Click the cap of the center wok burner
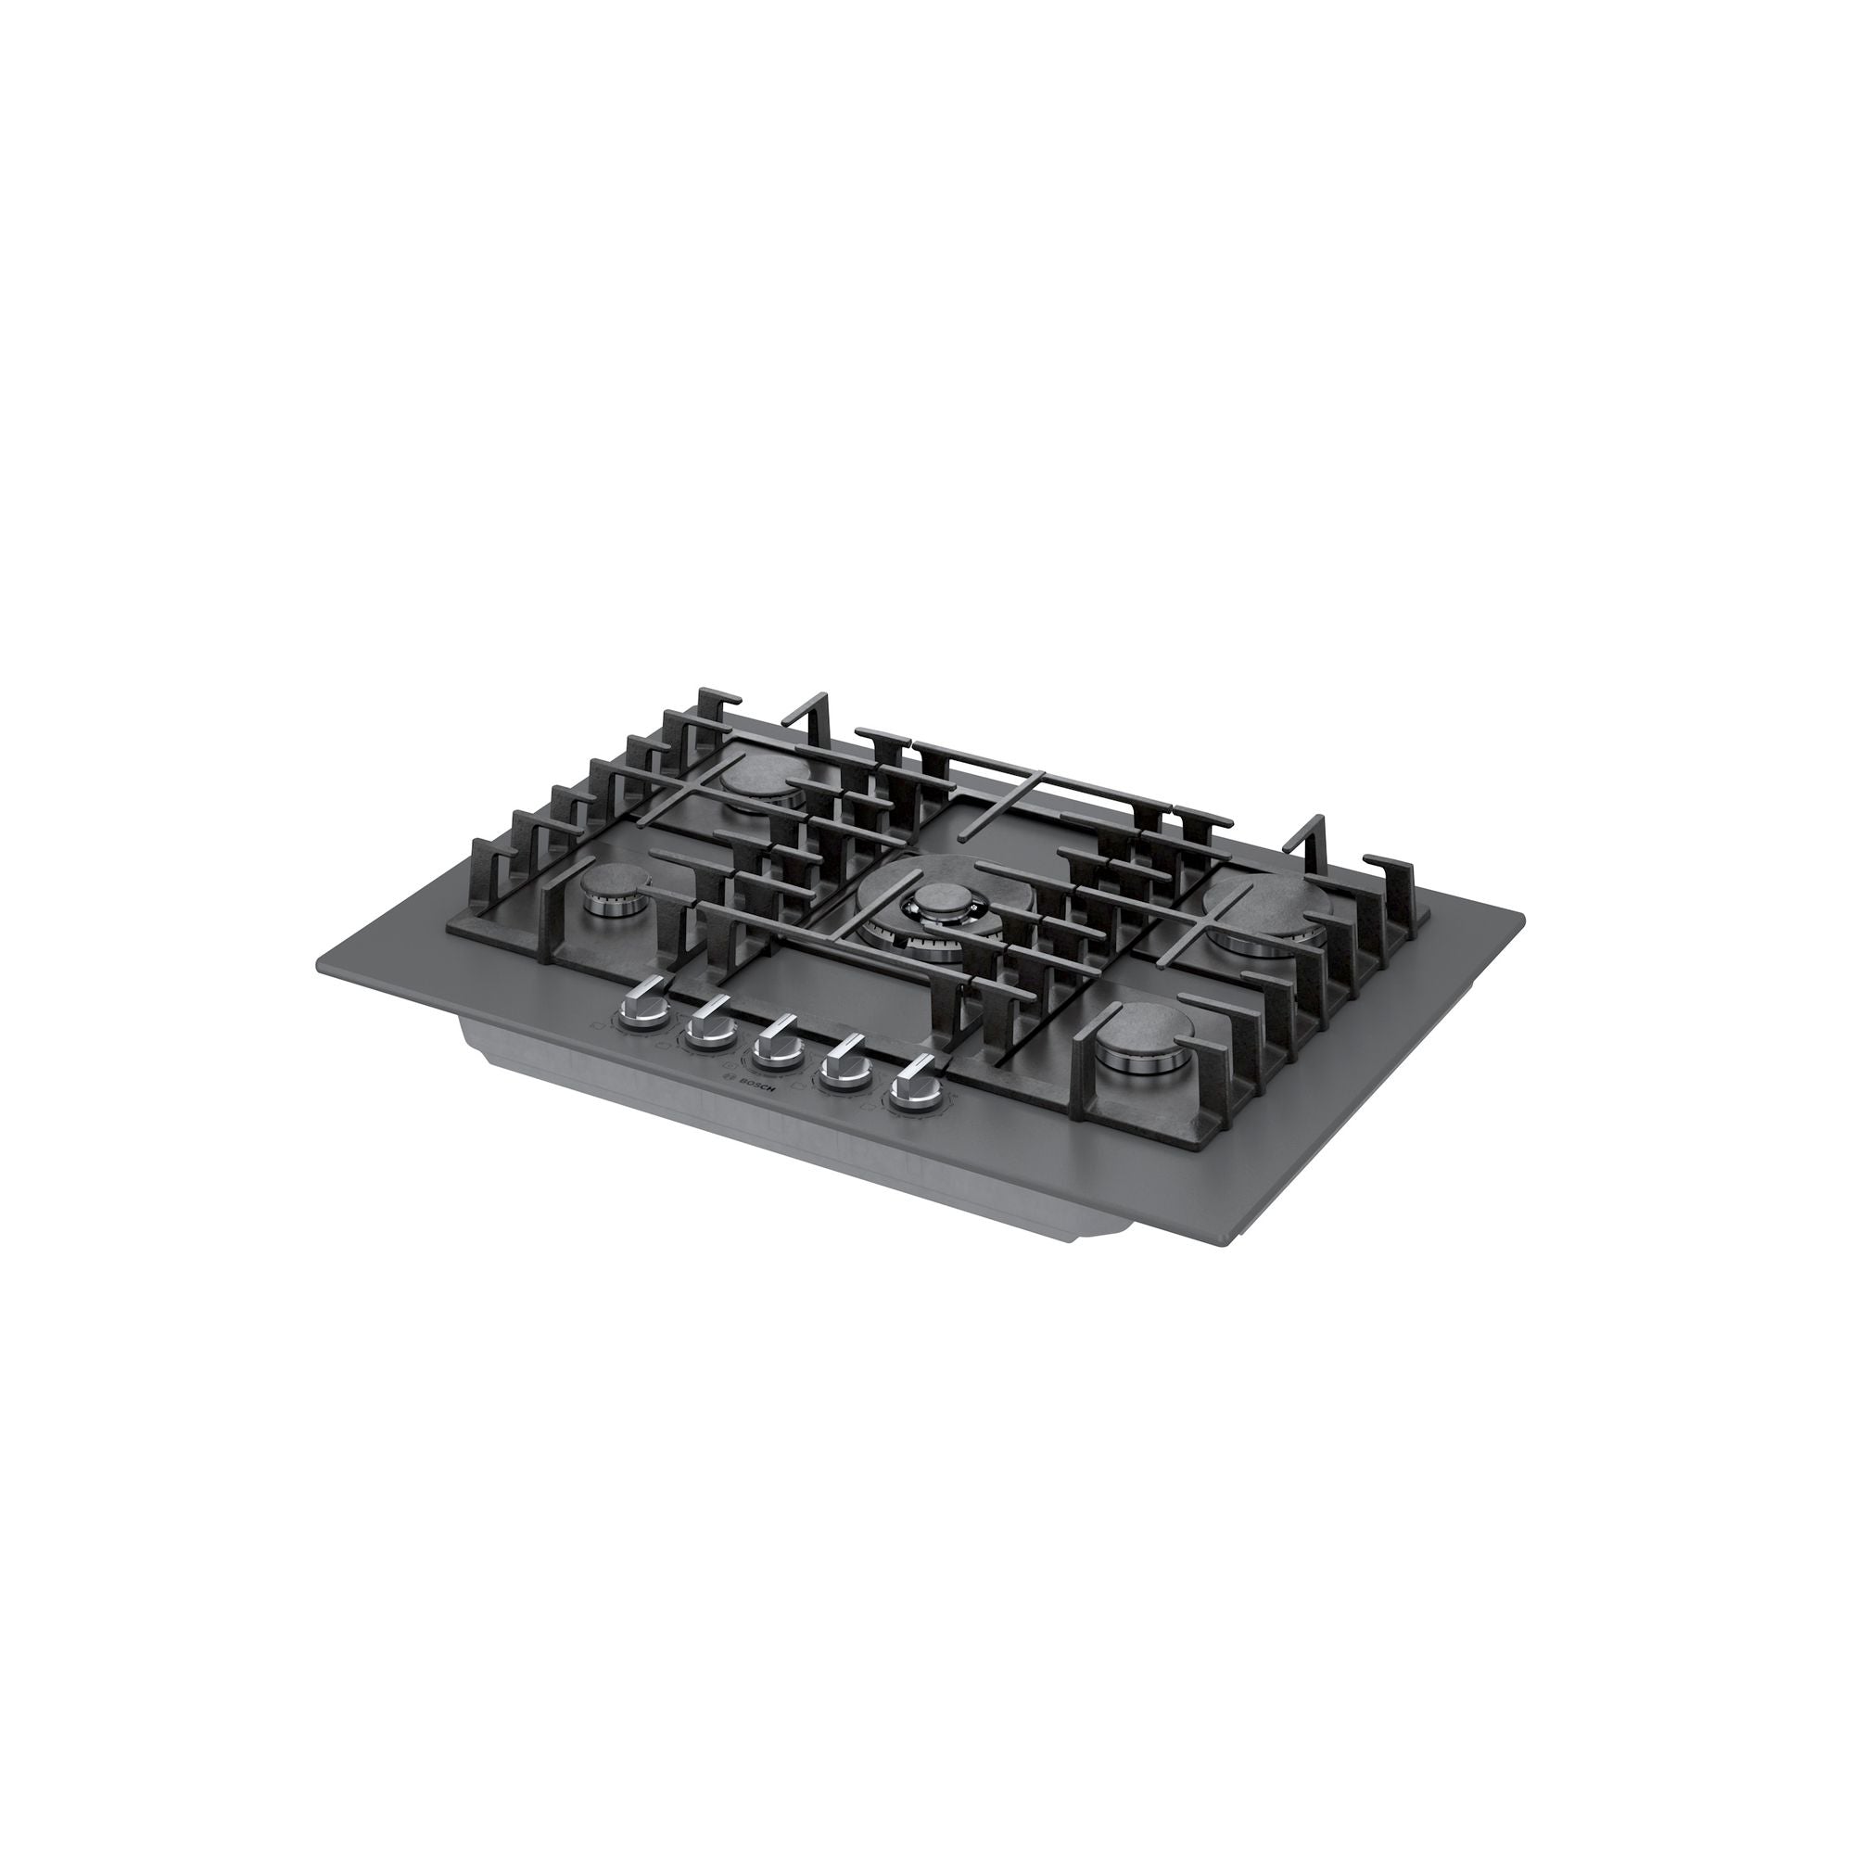(933, 899)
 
